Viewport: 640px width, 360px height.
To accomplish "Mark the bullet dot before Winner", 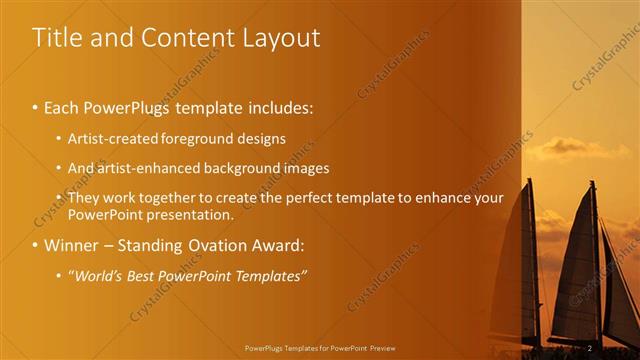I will coord(36,245).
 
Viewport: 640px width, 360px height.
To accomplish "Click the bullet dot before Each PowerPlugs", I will coord(36,106).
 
